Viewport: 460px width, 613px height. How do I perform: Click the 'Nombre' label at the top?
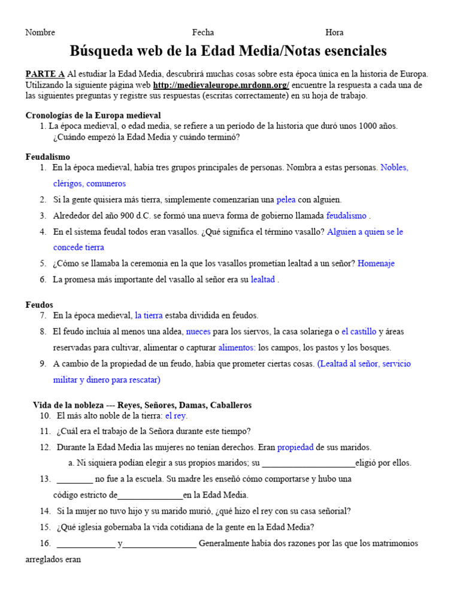pyautogui.click(x=40, y=32)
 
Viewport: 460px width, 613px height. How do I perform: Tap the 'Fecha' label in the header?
pyautogui.click(x=202, y=32)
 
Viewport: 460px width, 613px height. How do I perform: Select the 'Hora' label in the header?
pyautogui.click(x=334, y=32)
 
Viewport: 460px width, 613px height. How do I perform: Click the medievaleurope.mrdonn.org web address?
pyautogui.click(x=221, y=85)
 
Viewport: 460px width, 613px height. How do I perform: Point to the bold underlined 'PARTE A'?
pyautogui.click(x=45, y=74)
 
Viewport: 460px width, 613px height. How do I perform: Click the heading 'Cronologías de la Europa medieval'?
pyautogui.click(x=93, y=115)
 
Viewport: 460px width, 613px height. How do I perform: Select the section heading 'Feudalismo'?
pyautogui.click(x=48, y=156)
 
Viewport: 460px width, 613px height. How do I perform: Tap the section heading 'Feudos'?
pyautogui.click(x=39, y=305)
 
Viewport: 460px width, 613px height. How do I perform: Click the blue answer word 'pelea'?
pyautogui.click(x=286, y=199)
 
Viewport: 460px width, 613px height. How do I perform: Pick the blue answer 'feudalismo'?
pyautogui.click(x=346, y=216)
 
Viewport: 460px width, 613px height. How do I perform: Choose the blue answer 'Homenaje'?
pyautogui.click(x=376, y=263)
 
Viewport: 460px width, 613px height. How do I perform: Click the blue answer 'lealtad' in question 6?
pyautogui.click(x=262, y=279)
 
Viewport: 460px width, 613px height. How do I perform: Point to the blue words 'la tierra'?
pyautogui.click(x=149, y=315)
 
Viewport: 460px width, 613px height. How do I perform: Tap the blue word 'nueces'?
pyautogui.click(x=198, y=331)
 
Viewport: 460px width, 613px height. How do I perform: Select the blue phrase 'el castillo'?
pyautogui.click(x=359, y=331)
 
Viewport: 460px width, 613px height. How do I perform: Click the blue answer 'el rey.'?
pyautogui.click(x=176, y=415)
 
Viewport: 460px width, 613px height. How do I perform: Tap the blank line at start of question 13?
pyautogui.click(x=75, y=480)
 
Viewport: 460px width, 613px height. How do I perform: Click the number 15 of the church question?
pyautogui.click(x=46, y=527)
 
